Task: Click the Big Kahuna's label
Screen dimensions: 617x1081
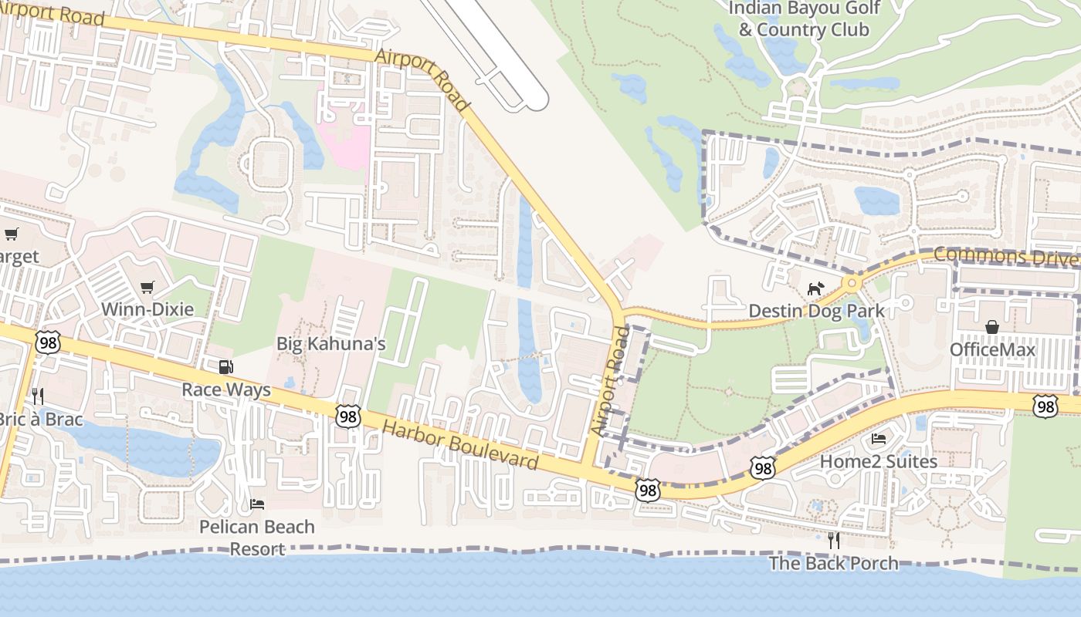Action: pyautogui.click(x=330, y=344)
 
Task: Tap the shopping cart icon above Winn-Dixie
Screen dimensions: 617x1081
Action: pyautogui.click(x=147, y=288)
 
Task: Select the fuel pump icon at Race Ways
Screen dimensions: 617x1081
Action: pyautogui.click(x=225, y=367)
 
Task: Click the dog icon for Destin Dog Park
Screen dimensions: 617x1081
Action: pyautogui.click(x=815, y=288)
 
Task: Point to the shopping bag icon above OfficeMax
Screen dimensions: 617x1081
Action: pyautogui.click(x=991, y=327)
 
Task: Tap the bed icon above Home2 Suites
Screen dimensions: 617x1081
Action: pyautogui.click(x=879, y=439)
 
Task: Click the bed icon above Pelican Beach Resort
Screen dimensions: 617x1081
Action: pyautogui.click(x=257, y=504)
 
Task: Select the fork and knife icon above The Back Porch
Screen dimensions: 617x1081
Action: pyautogui.click(x=833, y=541)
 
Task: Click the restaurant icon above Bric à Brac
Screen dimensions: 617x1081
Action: pyautogui.click(x=37, y=396)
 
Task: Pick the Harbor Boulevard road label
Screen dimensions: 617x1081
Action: pyautogui.click(x=460, y=446)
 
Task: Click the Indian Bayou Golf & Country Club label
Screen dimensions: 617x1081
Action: pyautogui.click(x=804, y=19)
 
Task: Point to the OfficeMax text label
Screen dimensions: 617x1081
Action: pyautogui.click(x=992, y=349)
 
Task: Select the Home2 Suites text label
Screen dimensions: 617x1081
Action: pyautogui.click(x=878, y=461)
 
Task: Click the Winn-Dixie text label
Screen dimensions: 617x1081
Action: pyautogui.click(x=147, y=309)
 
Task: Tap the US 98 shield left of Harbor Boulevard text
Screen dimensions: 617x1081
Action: pyautogui.click(x=348, y=416)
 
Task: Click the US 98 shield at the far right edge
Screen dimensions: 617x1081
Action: pyautogui.click(x=1045, y=406)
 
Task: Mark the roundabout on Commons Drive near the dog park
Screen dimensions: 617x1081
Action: pyautogui.click(x=852, y=283)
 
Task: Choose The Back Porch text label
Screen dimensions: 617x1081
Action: pyautogui.click(x=833, y=563)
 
